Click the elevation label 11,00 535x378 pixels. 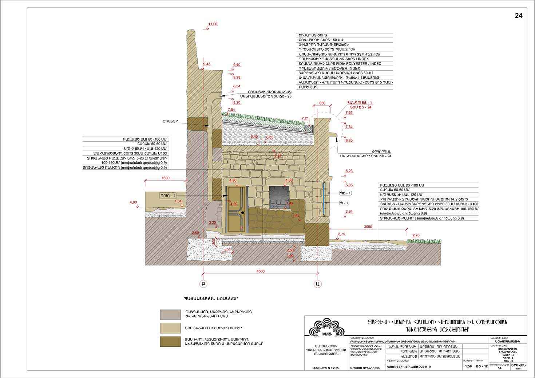tap(213, 24)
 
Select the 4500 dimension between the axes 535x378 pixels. tap(261, 271)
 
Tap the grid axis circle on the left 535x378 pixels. tap(203, 283)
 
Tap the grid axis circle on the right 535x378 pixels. tap(318, 283)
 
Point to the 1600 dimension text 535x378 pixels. tap(166, 178)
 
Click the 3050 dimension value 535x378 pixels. tap(368, 227)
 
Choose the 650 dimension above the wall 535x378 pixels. tap(322, 103)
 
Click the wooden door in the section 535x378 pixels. tap(236, 210)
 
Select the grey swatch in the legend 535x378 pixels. tap(170, 314)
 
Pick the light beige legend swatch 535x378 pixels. tap(170, 328)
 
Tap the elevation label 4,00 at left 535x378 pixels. tap(133, 202)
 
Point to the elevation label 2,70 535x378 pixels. tap(416, 235)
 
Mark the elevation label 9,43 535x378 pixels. tap(206, 64)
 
